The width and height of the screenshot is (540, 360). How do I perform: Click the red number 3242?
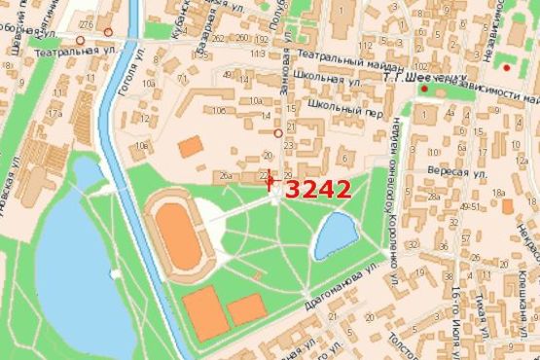coord(318,189)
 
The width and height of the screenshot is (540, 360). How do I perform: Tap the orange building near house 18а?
coord(507,206)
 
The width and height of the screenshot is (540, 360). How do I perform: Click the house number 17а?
coord(54,115)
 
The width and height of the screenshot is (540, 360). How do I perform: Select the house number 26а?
coord(225,176)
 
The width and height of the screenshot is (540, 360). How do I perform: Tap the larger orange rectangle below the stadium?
coord(205,311)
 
